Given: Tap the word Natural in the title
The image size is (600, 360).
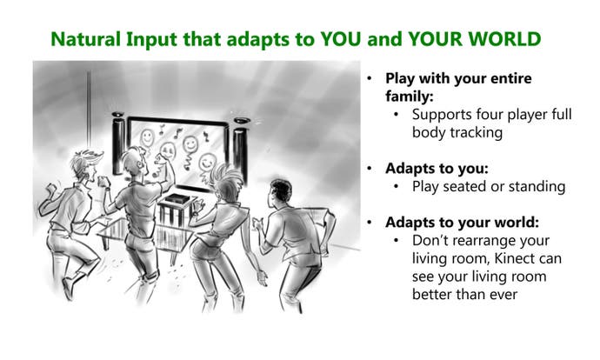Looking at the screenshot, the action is point(86,39).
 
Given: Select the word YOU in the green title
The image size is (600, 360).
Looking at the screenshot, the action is point(341,39).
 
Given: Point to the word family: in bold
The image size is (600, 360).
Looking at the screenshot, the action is point(410,97).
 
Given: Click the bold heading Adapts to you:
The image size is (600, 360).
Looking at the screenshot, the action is point(437,169).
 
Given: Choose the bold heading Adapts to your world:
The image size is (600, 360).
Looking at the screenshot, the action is point(462,223).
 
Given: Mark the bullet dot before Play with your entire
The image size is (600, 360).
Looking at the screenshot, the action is point(370,78).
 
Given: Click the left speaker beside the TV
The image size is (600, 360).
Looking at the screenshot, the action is point(118,143).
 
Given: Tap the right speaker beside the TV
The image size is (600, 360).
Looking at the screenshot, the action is point(241,150).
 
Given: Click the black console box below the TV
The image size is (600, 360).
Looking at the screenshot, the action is point(177,199).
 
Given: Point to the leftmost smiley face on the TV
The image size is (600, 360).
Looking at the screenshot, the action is point(147,137).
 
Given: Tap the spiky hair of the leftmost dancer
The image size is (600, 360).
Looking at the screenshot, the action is point(87,161).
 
